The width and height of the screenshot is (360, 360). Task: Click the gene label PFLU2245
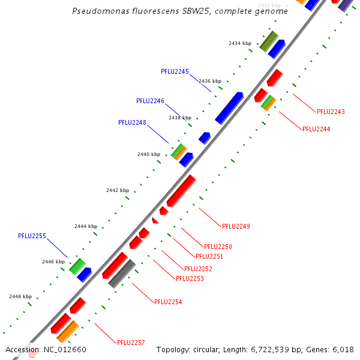175,71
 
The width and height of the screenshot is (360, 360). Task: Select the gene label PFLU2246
150,101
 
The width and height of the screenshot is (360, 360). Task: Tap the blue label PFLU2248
132,122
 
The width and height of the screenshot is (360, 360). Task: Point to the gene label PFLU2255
32,236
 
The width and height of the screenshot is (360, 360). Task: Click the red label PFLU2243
331,112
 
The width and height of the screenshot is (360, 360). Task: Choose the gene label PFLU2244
316,129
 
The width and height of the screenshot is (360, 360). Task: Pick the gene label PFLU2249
236,226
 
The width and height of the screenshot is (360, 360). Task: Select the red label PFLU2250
218,247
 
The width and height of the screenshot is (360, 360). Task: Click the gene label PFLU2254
168,302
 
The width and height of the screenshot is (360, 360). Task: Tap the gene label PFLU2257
131,343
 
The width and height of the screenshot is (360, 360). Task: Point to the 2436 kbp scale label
210,81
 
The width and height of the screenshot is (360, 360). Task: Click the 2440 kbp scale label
149,154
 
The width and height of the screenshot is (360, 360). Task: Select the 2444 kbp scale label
86,226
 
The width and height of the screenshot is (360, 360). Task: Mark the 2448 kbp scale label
20,296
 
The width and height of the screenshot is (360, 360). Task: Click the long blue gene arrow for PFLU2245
229,108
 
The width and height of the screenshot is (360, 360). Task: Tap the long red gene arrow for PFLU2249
181,191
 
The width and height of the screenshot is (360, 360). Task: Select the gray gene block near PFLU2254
122,274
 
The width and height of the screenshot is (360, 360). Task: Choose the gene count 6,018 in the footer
343,350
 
